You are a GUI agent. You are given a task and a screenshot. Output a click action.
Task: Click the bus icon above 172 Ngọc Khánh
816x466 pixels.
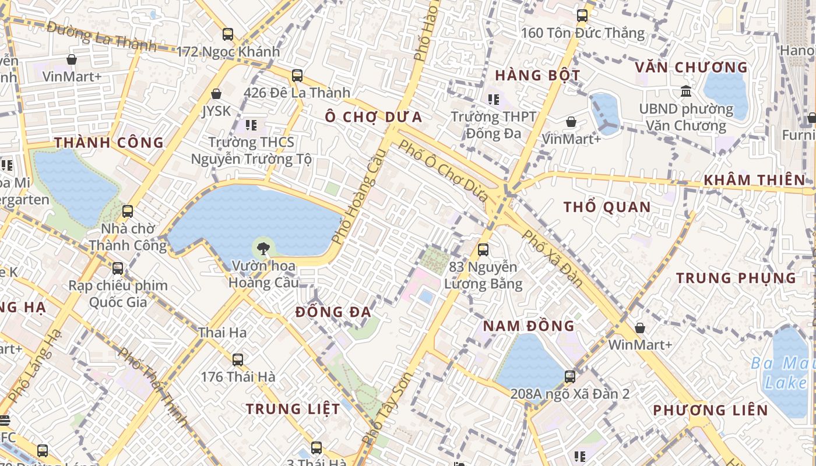[x=228, y=34]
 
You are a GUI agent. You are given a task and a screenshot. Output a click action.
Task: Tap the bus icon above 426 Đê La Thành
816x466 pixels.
[x=297, y=75]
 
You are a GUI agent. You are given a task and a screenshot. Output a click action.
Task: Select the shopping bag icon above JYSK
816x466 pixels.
[x=216, y=94]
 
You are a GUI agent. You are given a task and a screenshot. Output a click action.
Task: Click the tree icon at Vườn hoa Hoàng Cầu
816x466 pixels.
[x=263, y=248]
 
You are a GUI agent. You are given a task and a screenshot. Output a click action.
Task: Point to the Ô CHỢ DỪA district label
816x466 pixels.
[x=374, y=116]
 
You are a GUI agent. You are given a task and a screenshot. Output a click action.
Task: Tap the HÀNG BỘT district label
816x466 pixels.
[x=537, y=75]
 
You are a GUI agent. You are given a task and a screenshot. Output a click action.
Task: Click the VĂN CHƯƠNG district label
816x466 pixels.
[x=691, y=68]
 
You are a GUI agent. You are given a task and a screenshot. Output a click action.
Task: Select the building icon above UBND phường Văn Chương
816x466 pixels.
[x=686, y=91]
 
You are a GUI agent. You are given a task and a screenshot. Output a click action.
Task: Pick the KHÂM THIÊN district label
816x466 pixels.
[x=754, y=180]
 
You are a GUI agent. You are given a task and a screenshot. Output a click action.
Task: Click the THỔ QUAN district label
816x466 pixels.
[x=607, y=207]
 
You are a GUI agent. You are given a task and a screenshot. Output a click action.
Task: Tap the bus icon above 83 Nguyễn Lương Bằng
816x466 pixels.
[x=483, y=250]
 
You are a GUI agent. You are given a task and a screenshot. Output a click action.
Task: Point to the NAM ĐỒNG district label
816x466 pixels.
[x=529, y=326]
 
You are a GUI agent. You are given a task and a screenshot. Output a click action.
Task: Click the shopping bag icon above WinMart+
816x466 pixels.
[x=640, y=328]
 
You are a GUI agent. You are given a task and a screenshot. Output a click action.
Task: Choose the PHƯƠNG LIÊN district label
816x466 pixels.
[x=711, y=410]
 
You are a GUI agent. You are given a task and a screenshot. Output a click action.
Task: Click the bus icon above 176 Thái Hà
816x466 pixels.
[x=238, y=359]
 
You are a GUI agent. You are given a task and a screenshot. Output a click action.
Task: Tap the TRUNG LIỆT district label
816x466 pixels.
[x=293, y=409]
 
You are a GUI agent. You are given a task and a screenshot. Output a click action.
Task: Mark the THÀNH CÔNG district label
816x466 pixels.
[x=109, y=143]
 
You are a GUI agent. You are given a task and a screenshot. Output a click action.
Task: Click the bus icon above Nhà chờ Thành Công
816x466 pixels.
[x=128, y=211]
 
